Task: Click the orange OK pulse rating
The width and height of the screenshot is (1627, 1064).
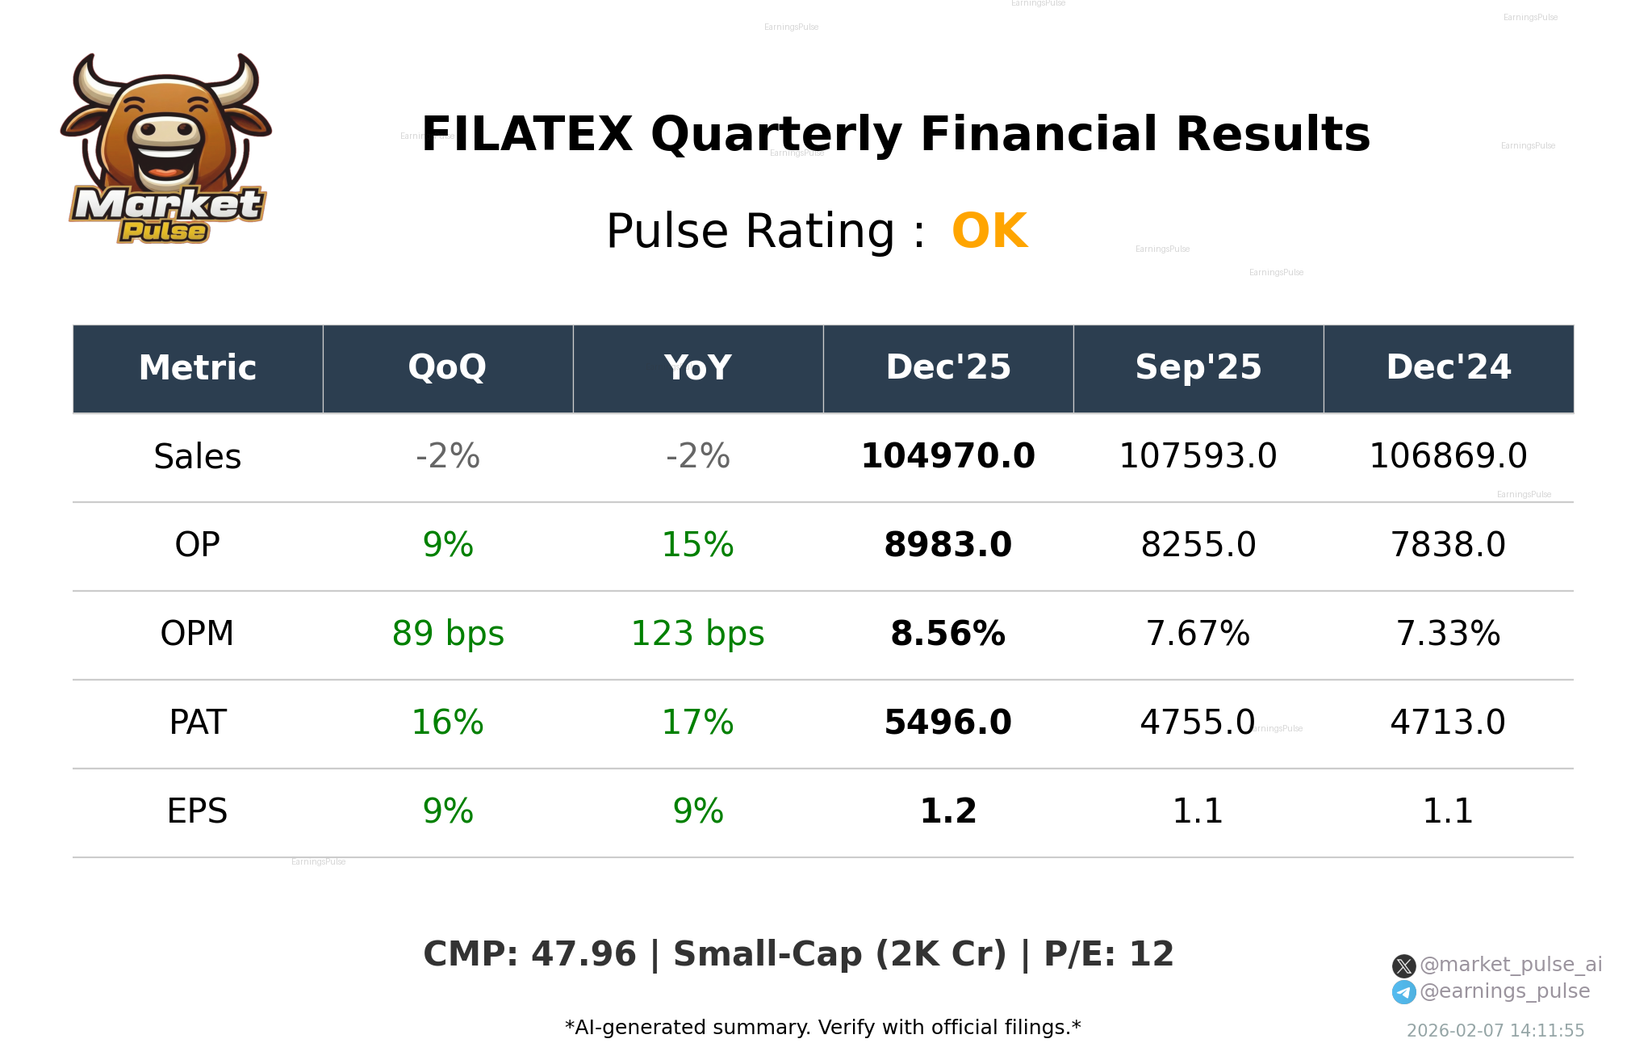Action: click(x=989, y=232)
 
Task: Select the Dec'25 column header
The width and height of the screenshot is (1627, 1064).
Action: click(x=947, y=368)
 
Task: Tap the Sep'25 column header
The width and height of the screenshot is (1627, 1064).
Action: click(x=1198, y=368)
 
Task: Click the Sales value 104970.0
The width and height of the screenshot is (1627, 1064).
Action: click(x=947, y=457)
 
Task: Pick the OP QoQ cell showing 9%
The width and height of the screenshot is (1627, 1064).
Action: click(x=448, y=546)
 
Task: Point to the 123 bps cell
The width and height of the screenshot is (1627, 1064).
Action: click(x=697, y=635)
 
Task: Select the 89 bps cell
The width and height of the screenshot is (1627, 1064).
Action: click(x=448, y=635)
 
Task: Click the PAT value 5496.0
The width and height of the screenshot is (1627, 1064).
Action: click(x=947, y=723)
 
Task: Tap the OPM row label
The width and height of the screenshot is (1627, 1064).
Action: click(x=197, y=635)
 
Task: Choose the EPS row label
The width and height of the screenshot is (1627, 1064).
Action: click(x=197, y=812)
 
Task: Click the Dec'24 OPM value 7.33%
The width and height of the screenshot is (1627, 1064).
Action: click(x=1448, y=635)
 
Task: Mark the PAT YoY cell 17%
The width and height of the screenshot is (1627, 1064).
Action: click(x=697, y=723)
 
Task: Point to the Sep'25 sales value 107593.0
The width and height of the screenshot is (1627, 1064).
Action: click(x=1198, y=457)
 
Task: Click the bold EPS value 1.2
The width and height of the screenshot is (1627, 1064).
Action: click(x=947, y=812)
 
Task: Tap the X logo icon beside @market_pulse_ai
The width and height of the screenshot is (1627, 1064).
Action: click(x=1403, y=966)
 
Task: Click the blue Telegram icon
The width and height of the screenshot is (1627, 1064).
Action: click(x=1403, y=992)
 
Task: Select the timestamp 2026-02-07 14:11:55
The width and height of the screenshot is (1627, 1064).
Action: click(x=1495, y=1031)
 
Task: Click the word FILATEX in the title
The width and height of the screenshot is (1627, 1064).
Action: click(x=527, y=135)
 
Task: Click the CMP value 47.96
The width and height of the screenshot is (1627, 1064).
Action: click(x=583, y=955)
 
